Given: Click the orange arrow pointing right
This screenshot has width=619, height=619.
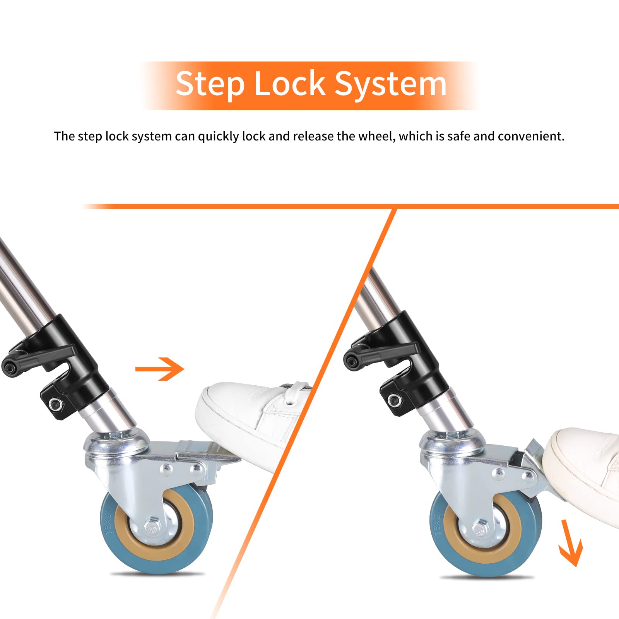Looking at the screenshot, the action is tap(159, 369).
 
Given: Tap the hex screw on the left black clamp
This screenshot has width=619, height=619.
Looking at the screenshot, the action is tap(55, 405).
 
